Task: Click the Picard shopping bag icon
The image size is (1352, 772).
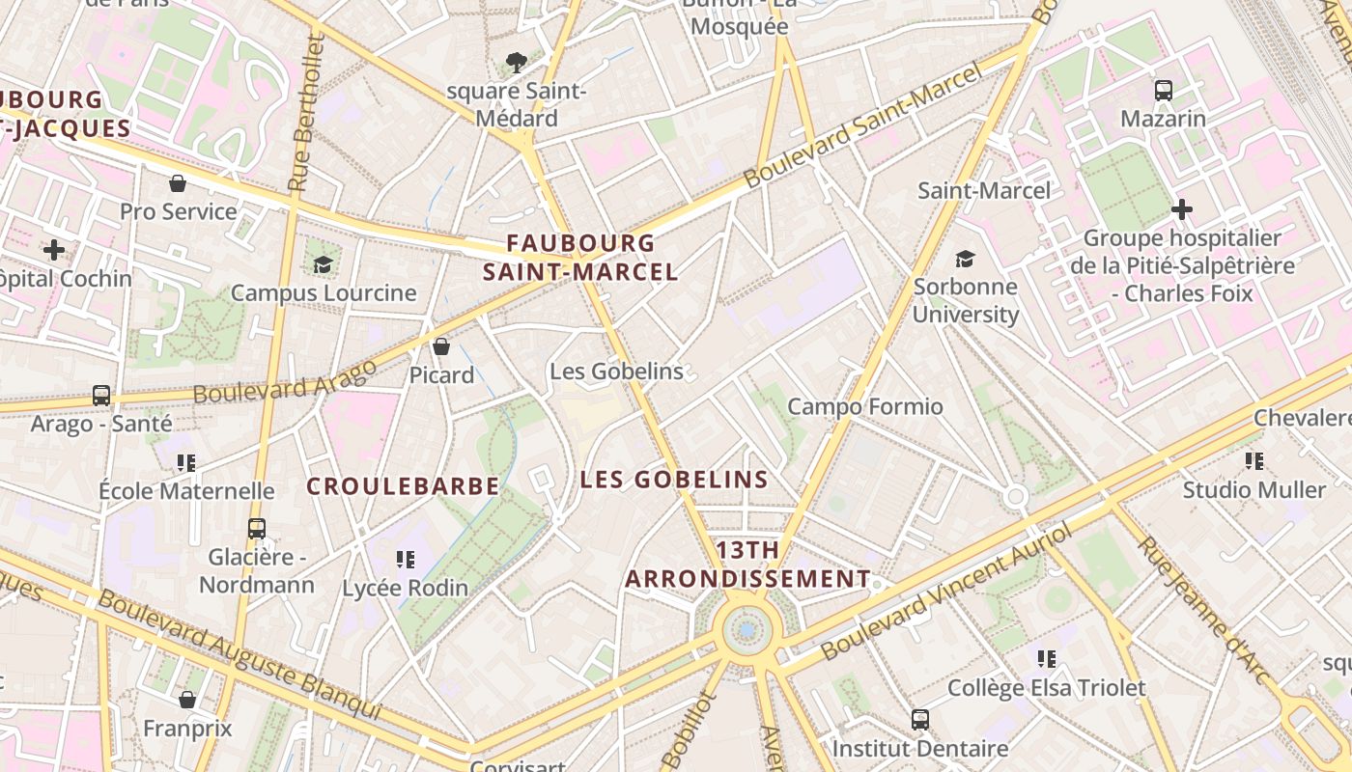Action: pyautogui.click(x=441, y=345)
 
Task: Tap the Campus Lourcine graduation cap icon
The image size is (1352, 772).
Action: pyautogui.click(x=323, y=264)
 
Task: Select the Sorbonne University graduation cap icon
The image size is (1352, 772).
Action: pyautogui.click(x=965, y=258)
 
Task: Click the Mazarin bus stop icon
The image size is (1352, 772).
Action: pyautogui.click(x=1164, y=91)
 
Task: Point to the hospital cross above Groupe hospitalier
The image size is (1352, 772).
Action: pyautogui.click(x=1181, y=208)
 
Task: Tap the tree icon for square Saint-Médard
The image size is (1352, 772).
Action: pyautogui.click(x=517, y=63)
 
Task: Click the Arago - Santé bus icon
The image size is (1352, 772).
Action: pyautogui.click(x=101, y=395)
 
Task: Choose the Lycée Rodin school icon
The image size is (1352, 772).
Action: pyautogui.click(x=406, y=559)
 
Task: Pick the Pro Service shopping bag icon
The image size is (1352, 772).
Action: pyautogui.click(x=178, y=182)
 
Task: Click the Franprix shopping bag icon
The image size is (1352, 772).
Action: pyautogui.click(x=187, y=699)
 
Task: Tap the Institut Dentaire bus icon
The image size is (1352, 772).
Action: pyautogui.click(x=920, y=719)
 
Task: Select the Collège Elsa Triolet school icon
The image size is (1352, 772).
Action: pyautogui.click(x=1047, y=659)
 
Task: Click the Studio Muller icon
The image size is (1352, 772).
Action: pyautogui.click(x=1254, y=460)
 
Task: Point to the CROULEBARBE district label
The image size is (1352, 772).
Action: pyautogui.click(x=403, y=486)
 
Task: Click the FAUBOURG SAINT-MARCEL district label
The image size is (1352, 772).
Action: pyautogui.click(x=580, y=258)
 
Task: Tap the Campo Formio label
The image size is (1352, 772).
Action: pyautogui.click(x=865, y=406)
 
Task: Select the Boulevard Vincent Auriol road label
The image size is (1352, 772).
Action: pyautogui.click(x=946, y=593)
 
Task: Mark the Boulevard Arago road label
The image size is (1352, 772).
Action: pyautogui.click(x=285, y=382)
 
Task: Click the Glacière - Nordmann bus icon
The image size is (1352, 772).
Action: pyautogui.click(x=256, y=529)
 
